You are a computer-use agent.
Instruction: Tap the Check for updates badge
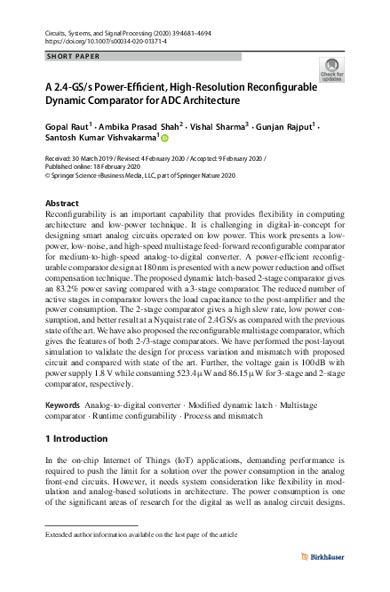(x=330, y=72)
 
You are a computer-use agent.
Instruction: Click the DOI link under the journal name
(x=98, y=41)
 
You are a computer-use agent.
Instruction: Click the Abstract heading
(x=61, y=204)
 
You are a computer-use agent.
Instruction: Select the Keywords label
(x=64, y=404)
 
